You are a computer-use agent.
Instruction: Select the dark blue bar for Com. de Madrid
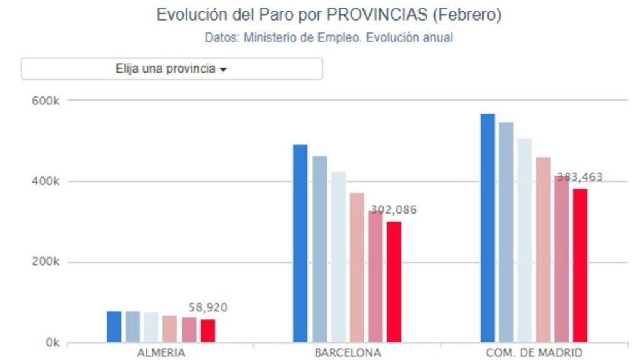[x=487, y=228]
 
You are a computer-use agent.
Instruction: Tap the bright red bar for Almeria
[x=207, y=331]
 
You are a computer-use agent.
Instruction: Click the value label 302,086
[x=394, y=210]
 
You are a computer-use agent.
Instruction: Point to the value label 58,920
[x=208, y=307]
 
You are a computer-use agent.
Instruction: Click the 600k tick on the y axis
[x=46, y=101]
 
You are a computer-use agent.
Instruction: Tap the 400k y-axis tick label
[x=46, y=181]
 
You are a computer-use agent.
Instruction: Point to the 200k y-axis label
[x=46, y=262]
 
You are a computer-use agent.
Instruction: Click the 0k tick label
[x=52, y=343]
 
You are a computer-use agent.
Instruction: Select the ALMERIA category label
[x=161, y=353]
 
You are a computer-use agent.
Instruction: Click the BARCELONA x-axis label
[x=347, y=353]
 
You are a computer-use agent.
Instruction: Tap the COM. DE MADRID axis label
[x=534, y=353]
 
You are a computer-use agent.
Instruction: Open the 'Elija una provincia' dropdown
[x=172, y=69]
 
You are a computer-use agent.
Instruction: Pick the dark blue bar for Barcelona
[x=301, y=244]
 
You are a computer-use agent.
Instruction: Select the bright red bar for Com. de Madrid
[x=580, y=266]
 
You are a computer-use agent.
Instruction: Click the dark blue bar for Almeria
[x=114, y=327]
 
